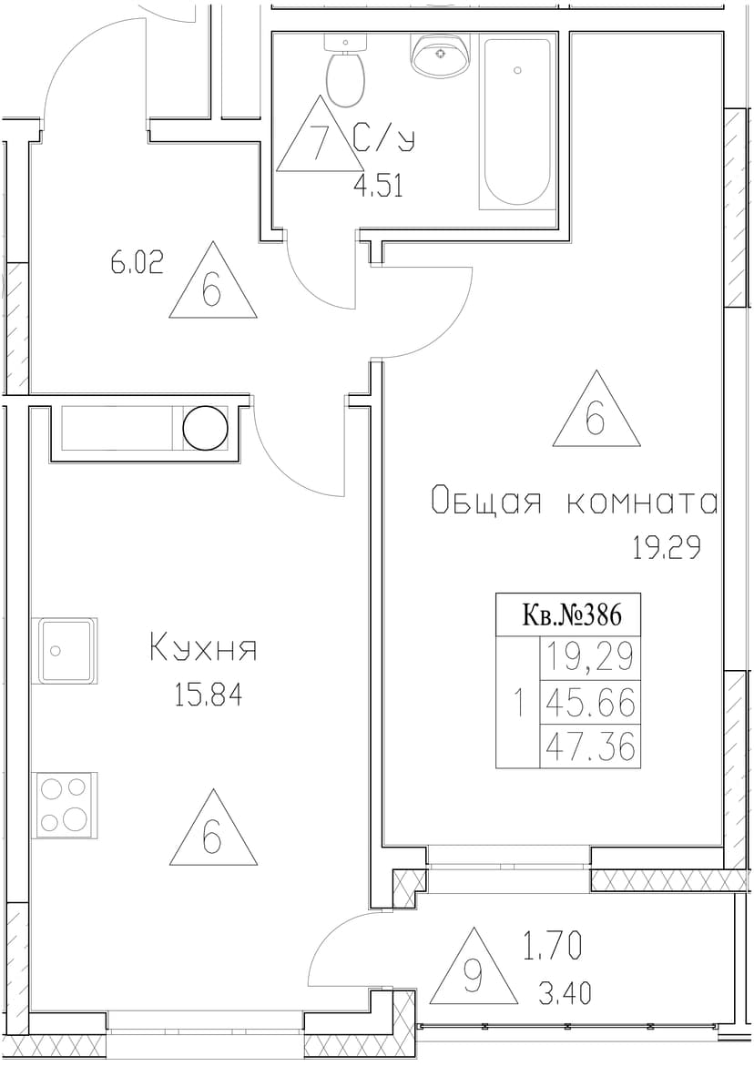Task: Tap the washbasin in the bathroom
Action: coord(441,54)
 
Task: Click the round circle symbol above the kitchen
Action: coord(205,428)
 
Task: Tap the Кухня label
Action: coord(202,648)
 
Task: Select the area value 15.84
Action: coord(208,696)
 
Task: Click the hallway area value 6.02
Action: coord(138,263)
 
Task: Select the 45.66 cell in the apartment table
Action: coord(590,702)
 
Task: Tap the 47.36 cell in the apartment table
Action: coord(590,746)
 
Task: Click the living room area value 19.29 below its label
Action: coord(667,547)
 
